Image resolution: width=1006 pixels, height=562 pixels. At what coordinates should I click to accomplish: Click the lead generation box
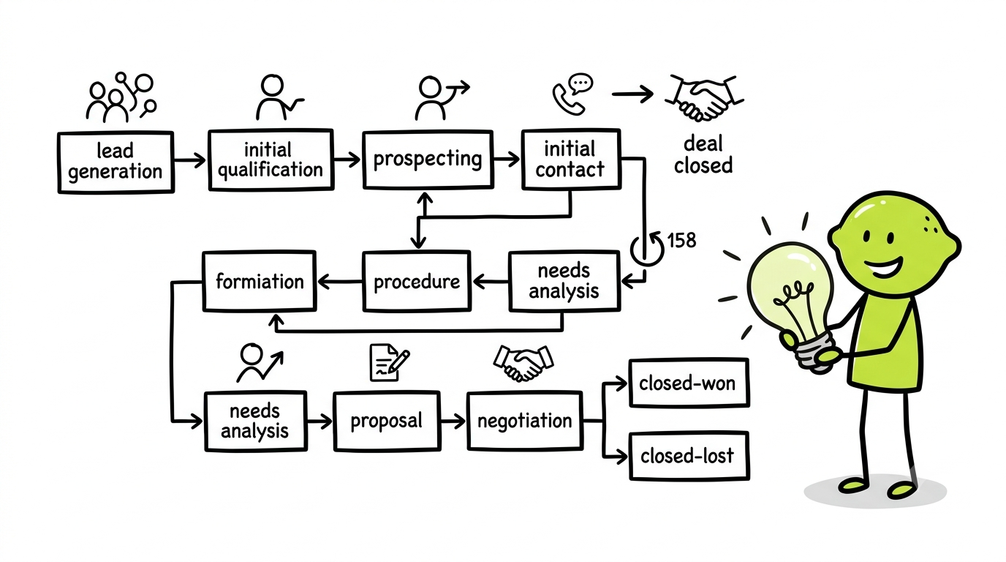pos(116,162)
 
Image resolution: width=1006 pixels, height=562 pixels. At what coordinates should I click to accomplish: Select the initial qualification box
pos(271,160)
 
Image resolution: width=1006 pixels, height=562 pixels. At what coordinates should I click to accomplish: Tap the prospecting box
pos(428,159)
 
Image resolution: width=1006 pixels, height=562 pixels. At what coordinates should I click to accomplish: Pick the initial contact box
pos(571,159)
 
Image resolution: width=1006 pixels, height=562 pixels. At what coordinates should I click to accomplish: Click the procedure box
pos(417,282)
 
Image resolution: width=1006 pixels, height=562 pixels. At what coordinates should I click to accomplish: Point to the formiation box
pos(260,282)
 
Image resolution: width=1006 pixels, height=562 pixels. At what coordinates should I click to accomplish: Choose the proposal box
pos(387,421)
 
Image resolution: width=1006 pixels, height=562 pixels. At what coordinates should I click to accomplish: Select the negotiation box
pos(524,421)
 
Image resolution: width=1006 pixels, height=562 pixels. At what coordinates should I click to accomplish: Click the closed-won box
pos(689,383)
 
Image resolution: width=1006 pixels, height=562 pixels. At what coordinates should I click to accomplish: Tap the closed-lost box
pos(689,456)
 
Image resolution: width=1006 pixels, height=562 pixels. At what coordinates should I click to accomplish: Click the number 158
pos(681,241)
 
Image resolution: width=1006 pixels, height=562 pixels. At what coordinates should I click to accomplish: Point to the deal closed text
pos(703,154)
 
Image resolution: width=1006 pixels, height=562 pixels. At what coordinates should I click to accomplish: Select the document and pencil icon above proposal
pos(389,363)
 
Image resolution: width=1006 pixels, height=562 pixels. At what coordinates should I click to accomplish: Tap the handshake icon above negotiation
pos(523,363)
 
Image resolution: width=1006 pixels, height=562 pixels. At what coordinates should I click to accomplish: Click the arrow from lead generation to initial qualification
pos(189,160)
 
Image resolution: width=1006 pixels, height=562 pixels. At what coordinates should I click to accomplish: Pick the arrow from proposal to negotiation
pos(453,421)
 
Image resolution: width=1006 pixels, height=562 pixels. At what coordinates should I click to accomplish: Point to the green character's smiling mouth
pos(882,269)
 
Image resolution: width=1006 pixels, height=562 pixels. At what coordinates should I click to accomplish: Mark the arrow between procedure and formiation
pos(339,282)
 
